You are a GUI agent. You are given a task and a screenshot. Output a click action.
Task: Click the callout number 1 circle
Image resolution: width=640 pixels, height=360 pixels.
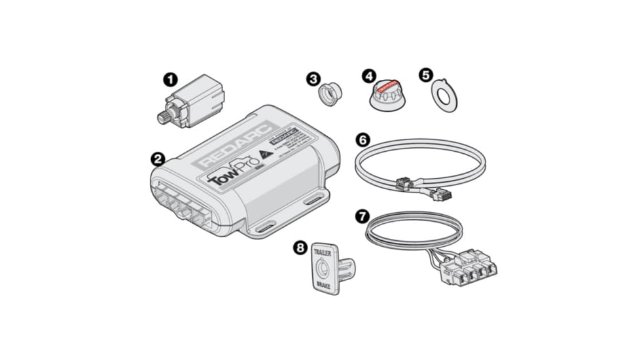169,81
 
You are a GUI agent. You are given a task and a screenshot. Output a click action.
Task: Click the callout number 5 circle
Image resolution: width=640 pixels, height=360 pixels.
426,75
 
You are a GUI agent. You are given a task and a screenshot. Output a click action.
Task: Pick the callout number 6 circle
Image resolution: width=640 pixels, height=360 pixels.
363,139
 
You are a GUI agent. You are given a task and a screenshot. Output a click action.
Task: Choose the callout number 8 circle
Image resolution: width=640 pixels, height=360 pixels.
300,248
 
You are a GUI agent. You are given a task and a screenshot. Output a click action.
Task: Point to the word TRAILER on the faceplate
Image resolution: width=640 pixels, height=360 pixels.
324,252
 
